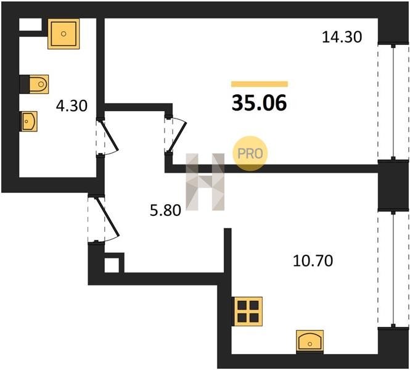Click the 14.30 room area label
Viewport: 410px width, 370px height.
[342, 37]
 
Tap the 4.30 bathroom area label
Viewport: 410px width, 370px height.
[72, 106]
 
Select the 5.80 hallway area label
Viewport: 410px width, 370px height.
[165, 210]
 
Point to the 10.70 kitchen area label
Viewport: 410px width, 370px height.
[313, 261]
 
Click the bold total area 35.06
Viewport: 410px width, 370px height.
[260, 103]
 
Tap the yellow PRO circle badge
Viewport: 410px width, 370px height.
[250, 154]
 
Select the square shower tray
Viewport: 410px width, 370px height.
[64, 34]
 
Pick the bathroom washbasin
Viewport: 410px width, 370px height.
[29, 121]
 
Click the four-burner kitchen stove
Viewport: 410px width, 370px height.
[247, 311]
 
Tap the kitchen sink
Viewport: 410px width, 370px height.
[310, 341]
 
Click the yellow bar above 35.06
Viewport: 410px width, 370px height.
[260, 84]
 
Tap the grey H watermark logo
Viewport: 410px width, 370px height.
[205, 182]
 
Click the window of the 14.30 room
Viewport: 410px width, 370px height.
[393, 102]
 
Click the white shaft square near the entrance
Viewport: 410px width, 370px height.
[112, 265]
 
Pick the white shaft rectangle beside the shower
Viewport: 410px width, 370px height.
[30, 24]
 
